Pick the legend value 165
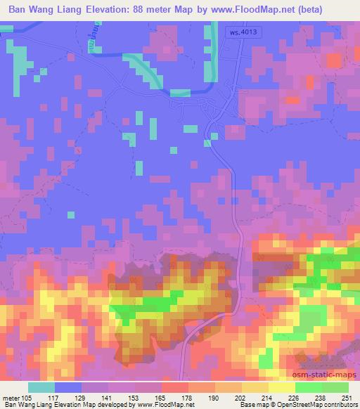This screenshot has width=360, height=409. [x=160, y=396]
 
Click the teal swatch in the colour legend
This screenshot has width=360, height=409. [x=41, y=387]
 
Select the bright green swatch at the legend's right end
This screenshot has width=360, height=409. [x=335, y=387]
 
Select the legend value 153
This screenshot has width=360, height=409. [x=134, y=396]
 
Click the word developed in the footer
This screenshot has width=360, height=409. [x=110, y=405]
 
